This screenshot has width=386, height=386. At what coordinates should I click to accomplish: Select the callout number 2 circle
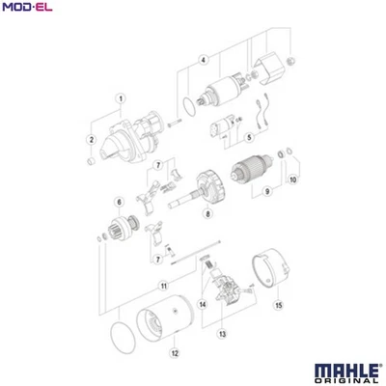92,140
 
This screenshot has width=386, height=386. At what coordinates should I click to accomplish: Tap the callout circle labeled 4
203,60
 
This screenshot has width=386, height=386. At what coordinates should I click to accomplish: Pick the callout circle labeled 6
119,201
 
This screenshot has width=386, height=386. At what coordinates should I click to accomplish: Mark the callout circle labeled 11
164,286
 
